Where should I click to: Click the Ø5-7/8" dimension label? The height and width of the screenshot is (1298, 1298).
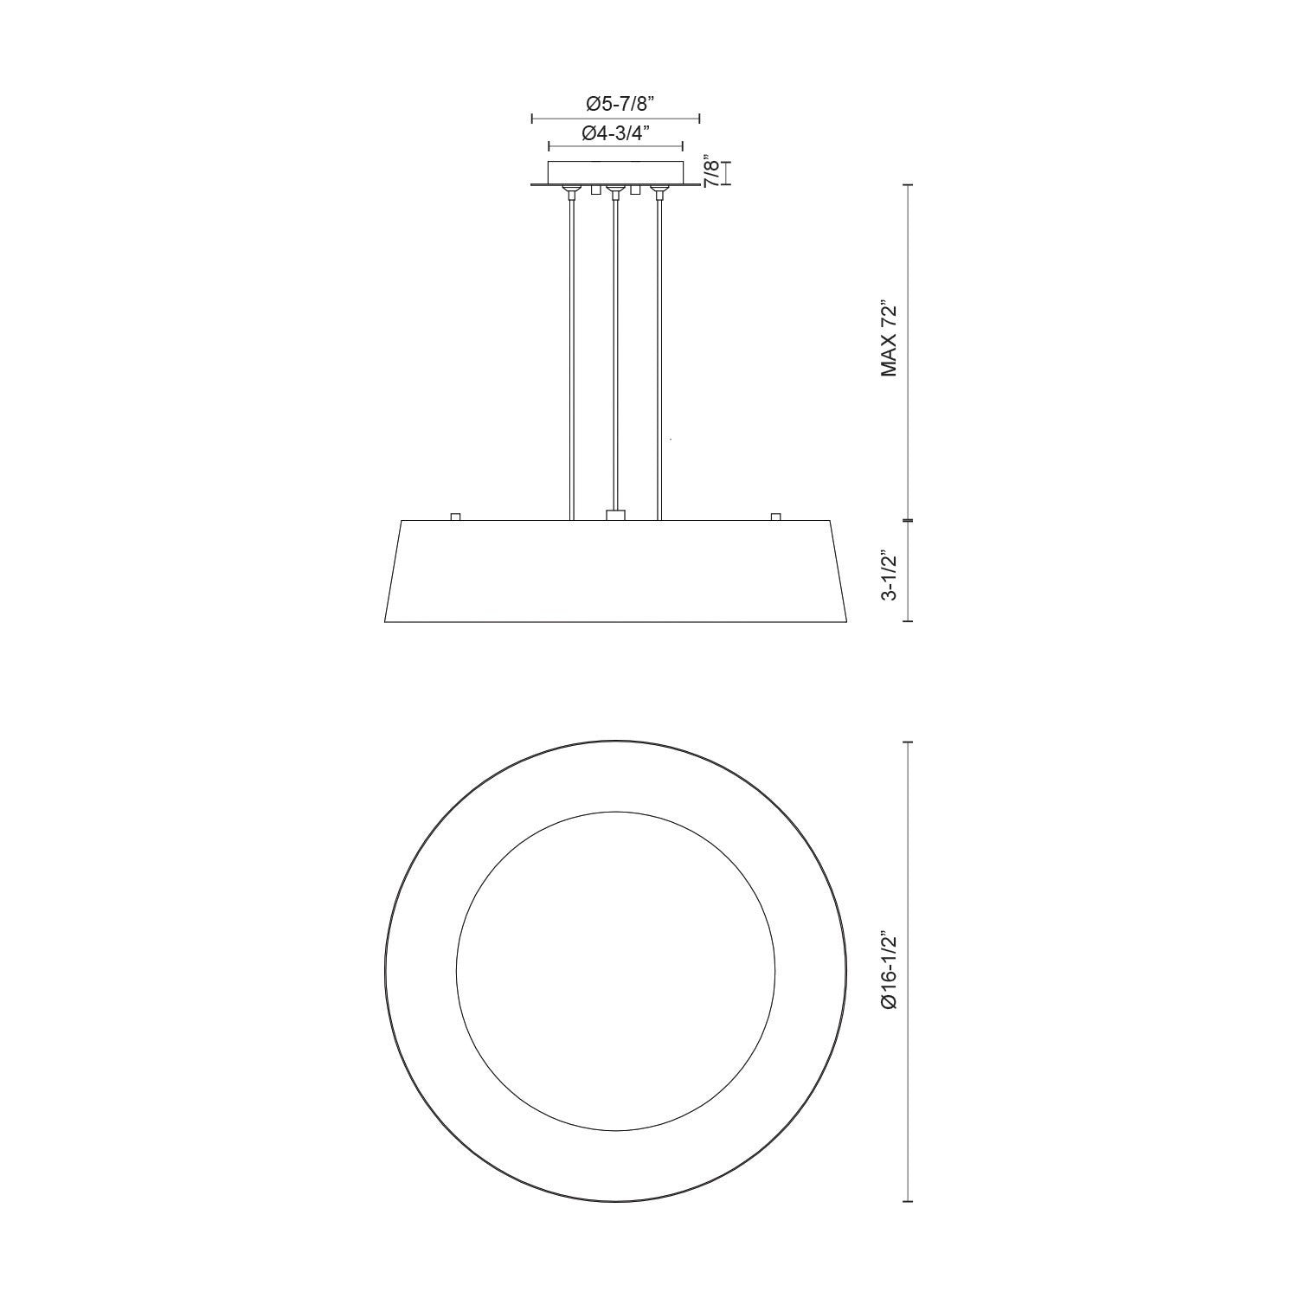616,104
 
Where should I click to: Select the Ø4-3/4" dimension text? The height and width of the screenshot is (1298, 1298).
616,133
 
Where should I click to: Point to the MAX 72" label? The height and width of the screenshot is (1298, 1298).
889,340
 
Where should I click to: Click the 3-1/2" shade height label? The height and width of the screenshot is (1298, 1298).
889,573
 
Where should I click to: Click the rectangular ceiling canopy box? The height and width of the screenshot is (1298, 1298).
616,170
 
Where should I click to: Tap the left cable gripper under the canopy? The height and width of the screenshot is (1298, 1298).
571,190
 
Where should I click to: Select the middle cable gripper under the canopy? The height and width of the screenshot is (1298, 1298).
615,190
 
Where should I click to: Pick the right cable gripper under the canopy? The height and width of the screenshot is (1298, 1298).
659,190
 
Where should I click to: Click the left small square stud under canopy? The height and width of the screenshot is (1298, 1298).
594,190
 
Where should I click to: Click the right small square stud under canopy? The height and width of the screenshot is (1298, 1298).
636,190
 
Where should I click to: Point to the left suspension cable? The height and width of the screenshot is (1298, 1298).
571,355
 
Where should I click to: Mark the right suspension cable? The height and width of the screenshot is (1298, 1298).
659,355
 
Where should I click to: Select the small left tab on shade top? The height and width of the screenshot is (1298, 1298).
455,517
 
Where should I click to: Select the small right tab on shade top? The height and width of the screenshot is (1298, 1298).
775,517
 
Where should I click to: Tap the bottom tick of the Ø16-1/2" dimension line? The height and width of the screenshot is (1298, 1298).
907,1201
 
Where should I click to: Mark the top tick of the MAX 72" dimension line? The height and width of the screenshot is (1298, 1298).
907,184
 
